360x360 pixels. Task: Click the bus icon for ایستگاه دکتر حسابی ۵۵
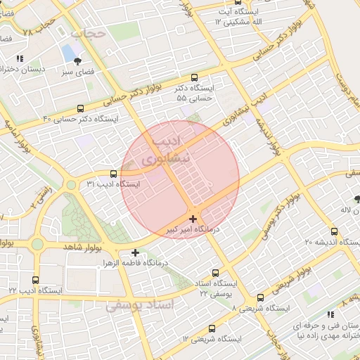coord(194,78)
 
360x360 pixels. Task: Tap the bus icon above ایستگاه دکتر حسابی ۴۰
coord(81,108)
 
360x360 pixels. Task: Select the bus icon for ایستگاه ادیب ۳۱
coord(114,174)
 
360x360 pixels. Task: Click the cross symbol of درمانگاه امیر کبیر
coord(193,219)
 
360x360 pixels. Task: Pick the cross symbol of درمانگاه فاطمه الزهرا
coord(135,252)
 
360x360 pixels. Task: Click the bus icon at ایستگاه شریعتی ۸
coord(260,297)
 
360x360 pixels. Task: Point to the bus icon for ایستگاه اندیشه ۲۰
coord(334,231)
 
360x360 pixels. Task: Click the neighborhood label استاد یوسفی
coord(137,307)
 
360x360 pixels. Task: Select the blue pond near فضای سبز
coord(69,53)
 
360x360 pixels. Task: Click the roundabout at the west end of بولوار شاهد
coord(37,243)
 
